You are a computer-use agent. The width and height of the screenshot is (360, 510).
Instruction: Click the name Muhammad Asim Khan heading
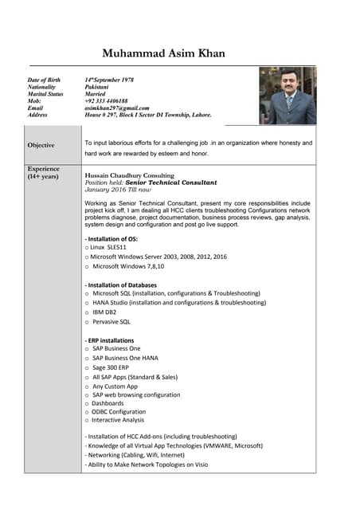click(x=163, y=54)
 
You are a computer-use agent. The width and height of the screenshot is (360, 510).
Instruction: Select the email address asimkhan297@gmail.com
click(x=117, y=108)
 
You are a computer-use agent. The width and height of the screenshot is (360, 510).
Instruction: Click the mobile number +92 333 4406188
click(x=106, y=101)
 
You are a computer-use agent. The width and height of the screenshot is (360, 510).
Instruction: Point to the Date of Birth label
click(x=44, y=80)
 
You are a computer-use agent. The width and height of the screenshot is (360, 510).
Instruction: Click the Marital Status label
click(x=45, y=94)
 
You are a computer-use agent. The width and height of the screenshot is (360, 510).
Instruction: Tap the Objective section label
click(x=41, y=145)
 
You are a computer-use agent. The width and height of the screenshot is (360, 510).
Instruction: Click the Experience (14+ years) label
click(x=43, y=173)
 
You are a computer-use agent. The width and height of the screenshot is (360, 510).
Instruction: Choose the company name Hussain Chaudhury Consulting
click(x=129, y=175)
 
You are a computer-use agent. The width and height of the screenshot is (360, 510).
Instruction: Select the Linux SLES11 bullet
click(x=110, y=248)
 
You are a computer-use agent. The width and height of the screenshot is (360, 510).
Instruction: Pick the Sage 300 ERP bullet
click(x=111, y=367)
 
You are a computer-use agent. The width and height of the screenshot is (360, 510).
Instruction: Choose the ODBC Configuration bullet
click(x=119, y=411)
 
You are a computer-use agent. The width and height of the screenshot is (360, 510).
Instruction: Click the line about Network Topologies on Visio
click(x=146, y=464)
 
